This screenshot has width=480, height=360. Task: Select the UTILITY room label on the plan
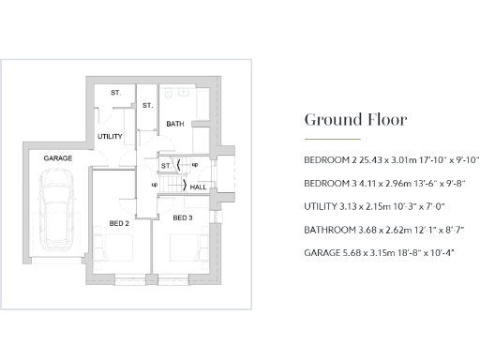(111, 137)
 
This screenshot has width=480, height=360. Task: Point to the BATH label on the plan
(175, 124)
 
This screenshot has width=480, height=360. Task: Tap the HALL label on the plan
(199, 187)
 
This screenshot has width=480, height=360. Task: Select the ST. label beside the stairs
(165, 166)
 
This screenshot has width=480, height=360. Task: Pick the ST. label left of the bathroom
(147, 106)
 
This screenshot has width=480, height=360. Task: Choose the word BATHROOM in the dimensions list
(328, 230)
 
